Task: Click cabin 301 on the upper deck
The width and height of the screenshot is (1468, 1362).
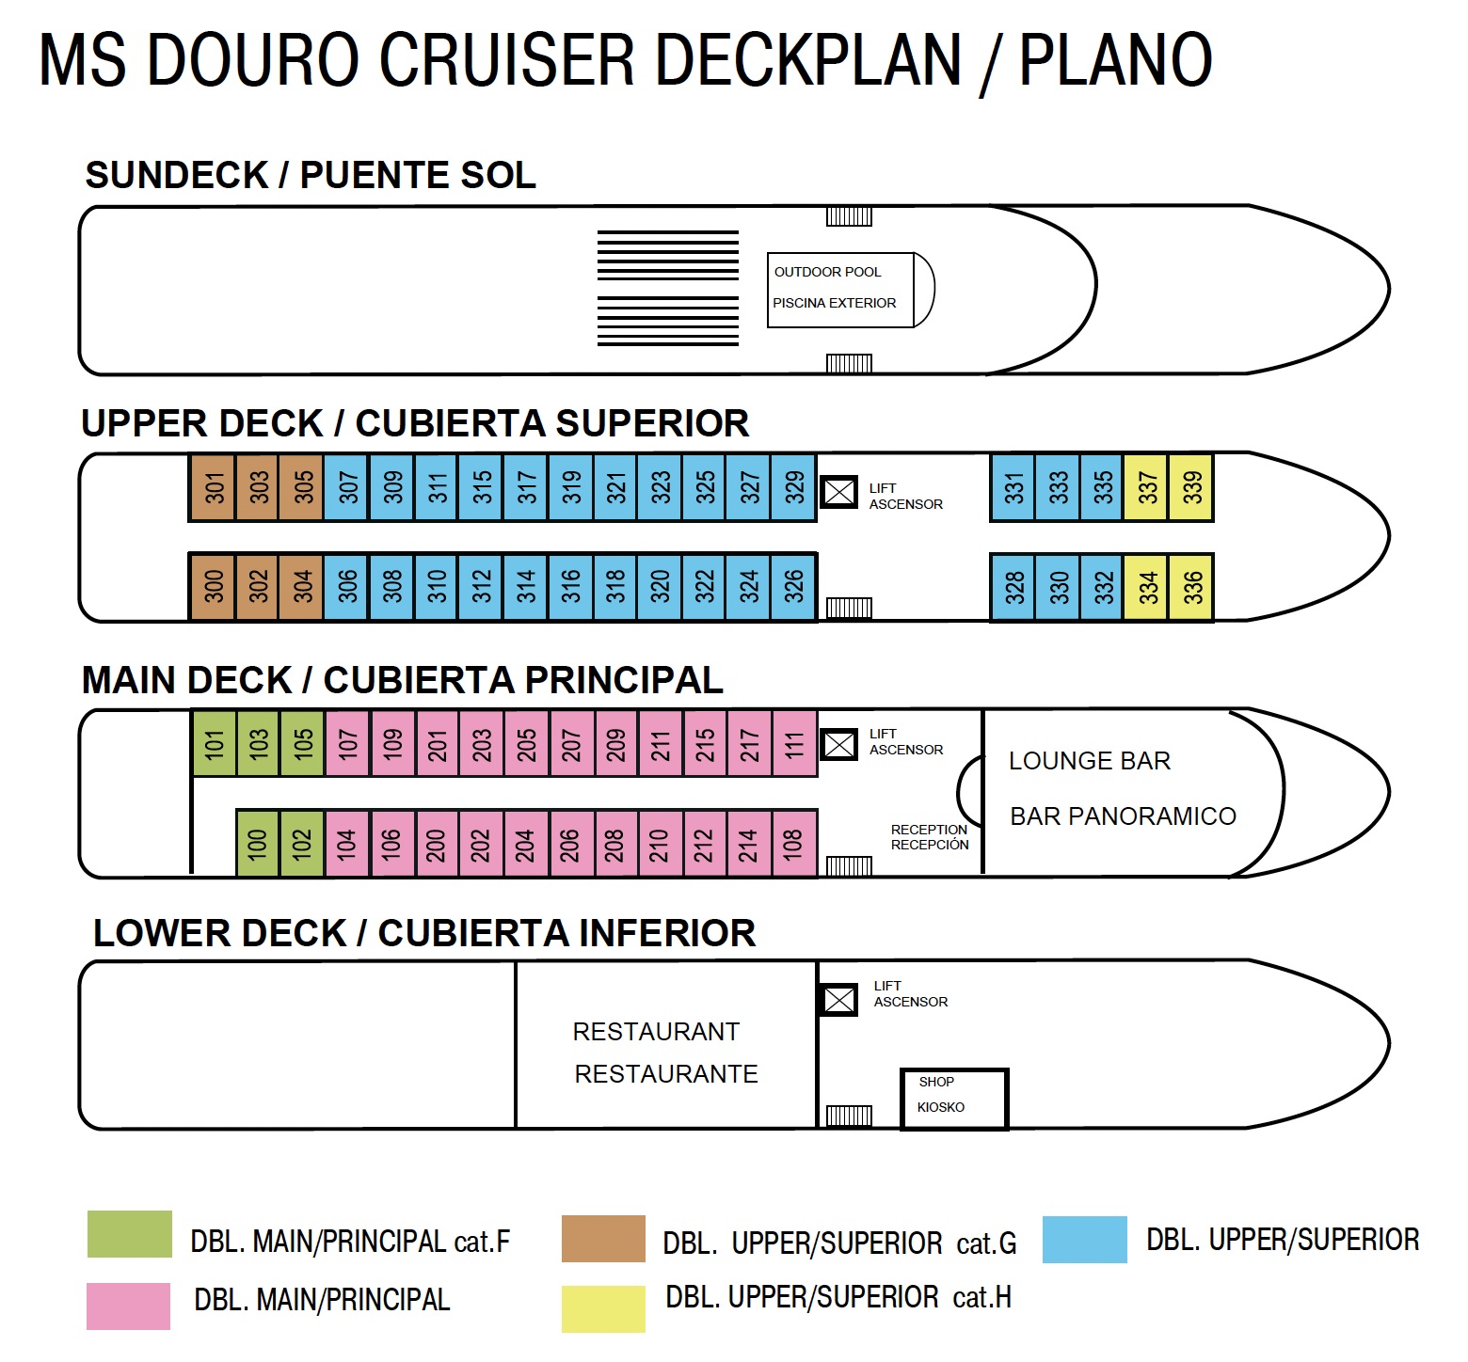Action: [213, 487]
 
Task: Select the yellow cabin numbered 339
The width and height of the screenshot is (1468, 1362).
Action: [1190, 487]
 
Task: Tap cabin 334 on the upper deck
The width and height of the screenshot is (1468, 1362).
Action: [1145, 588]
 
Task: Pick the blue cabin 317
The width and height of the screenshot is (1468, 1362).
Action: [525, 487]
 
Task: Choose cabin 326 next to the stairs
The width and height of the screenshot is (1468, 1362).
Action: [793, 587]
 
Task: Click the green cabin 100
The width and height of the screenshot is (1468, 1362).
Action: [257, 843]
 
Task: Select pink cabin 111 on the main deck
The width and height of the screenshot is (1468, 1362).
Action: [794, 744]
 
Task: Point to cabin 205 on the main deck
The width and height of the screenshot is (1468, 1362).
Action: [526, 744]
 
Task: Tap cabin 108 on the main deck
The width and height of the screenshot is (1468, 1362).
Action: [793, 843]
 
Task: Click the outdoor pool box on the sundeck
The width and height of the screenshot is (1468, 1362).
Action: [840, 290]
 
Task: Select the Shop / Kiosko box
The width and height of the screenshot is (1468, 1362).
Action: [953, 1098]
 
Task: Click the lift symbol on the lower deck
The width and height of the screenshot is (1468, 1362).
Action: [838, 999]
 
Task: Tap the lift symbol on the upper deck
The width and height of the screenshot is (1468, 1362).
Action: [838, 491]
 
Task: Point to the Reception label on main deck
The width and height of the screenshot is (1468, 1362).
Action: [929, 831]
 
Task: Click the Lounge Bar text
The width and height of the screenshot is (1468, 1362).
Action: [1089, 761]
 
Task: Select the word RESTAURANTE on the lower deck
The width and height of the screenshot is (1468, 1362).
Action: [665, 1074]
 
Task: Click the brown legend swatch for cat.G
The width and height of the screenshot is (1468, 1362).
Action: [603, 1239]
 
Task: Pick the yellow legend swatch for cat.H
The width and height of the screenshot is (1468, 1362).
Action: [603, 1308]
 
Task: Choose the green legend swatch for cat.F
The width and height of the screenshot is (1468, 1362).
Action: [130, 1234]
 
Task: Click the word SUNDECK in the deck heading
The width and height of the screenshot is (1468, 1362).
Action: [177, 176]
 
